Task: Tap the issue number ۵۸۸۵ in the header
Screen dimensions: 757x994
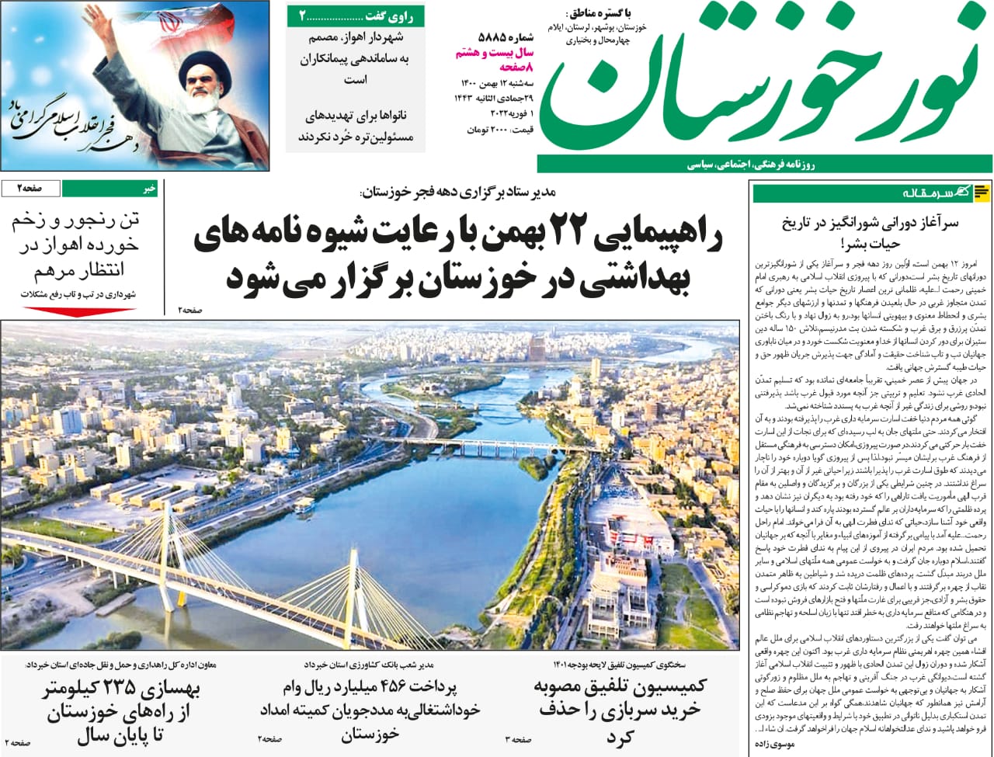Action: point(492,36)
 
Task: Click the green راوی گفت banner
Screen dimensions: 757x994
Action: point(356,16)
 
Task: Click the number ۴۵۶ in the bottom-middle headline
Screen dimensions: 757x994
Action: point(396,689)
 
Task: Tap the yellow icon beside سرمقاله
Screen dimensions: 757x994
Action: point(982,192)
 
